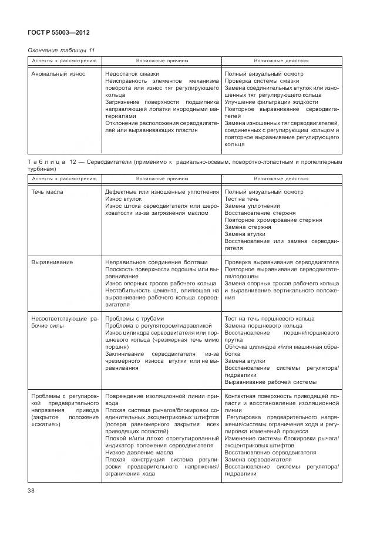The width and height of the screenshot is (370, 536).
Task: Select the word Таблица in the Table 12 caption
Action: pyautogui.click(x=52, y=161)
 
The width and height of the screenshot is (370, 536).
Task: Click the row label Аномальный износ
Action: pyautogui.click(x=58, y=74)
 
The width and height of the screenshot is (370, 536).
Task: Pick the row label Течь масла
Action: pyautogui.click(x=48, y=192)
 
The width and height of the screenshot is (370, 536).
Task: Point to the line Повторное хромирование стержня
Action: pyautogui.click(x=273, y=220)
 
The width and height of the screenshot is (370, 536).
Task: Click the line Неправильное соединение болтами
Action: pyautogui.click(x=156, y=262)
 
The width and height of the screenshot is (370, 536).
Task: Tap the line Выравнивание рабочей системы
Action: pyautogui.click(x=270, y=382)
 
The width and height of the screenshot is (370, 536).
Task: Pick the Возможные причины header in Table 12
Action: pyautogui.click(x=162, y=178)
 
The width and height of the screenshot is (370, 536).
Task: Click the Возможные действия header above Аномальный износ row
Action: pyautogui.click(x=281, y=61)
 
